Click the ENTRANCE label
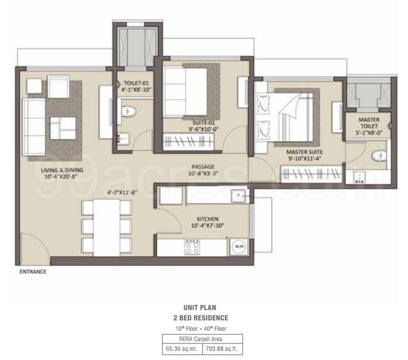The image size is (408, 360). [33, 272]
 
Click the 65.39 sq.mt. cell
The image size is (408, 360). [181, 349]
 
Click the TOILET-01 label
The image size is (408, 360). [132, 83]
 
